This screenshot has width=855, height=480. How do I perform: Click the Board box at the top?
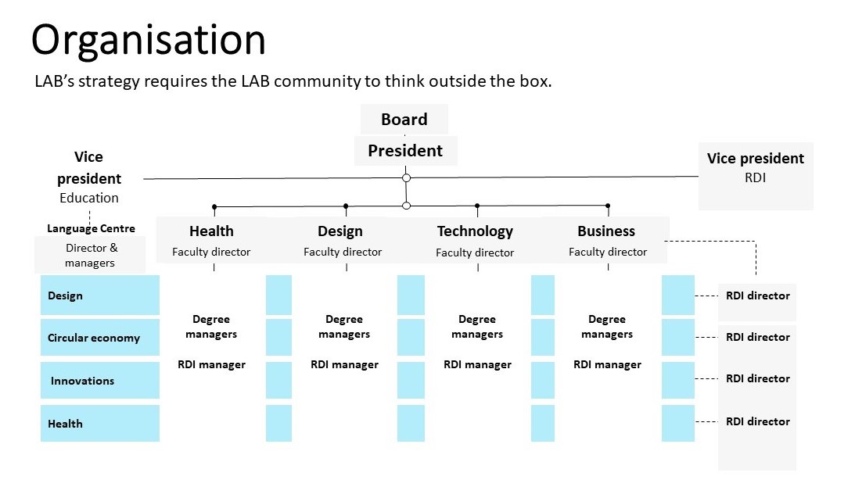404,119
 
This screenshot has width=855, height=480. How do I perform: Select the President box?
405,150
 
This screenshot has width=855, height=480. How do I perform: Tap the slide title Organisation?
149,41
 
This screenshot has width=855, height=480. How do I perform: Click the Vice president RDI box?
756,176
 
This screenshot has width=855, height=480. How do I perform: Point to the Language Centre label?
91,228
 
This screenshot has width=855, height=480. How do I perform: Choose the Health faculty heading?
211,231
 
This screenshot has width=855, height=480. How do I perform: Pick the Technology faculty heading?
475,231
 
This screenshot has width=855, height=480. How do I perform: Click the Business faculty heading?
606,231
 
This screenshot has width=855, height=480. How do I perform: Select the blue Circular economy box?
100,337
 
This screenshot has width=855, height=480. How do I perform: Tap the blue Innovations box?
100,380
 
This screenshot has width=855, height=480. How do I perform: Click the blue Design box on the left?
100,296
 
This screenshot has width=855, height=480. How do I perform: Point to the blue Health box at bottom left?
100,424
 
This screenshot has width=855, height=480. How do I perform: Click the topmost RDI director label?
758,296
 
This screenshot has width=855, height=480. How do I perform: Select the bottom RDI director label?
758,421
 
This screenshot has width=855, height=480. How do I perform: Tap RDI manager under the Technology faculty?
478,364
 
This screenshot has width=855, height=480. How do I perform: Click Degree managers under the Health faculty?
211,326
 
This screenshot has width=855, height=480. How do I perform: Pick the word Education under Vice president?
89,198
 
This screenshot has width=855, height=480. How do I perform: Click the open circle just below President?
406,177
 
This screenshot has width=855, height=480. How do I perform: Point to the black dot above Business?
608,206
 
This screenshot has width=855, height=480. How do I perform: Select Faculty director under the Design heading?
343,253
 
